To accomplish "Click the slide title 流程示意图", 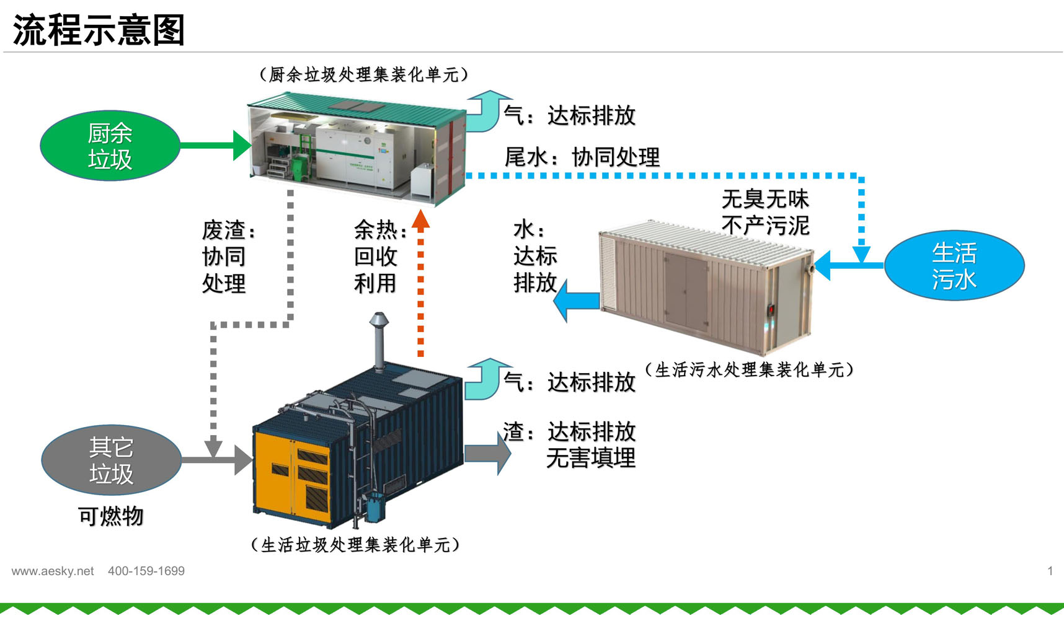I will point(99,30).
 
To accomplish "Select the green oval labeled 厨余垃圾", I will point(110,146).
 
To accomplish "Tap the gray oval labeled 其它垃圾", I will point(111,460).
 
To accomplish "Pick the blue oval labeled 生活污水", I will point(954,266).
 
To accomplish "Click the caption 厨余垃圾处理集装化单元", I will point(363,75).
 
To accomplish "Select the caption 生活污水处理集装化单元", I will point(749,370).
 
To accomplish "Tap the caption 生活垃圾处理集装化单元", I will point(355,545).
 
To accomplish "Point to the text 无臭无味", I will point(765,199).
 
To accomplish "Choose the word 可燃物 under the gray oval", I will point(111,516).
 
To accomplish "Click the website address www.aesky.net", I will point(53,571).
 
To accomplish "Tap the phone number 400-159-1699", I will point(146,571).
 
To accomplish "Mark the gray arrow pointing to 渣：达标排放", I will point(487,454).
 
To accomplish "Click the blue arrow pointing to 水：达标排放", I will point(577,301).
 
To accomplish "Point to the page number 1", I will point(1050,571).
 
